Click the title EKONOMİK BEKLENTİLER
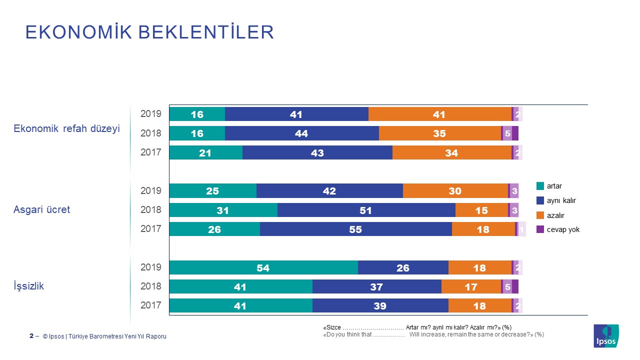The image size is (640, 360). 149,32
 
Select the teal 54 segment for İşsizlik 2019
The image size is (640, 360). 263,267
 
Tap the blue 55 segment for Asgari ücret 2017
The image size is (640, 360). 356,229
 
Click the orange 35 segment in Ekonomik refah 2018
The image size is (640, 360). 440,133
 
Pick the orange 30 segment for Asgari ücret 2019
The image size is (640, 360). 455,191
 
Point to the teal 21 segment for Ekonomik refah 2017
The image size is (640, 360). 205,153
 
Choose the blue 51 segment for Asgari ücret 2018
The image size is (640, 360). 366,210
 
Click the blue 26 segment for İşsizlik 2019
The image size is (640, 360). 403,267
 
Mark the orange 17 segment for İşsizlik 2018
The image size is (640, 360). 471,286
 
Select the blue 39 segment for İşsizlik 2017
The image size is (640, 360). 380,305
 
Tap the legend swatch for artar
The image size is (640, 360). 540,186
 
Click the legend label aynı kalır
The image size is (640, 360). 561,200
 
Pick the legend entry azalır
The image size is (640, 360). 555,215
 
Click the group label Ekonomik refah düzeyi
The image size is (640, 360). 66,128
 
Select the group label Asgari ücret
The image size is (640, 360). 41,209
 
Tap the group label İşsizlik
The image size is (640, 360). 28,286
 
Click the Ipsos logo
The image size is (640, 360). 606,335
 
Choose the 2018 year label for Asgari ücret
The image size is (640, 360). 150,210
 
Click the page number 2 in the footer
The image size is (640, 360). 31,336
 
